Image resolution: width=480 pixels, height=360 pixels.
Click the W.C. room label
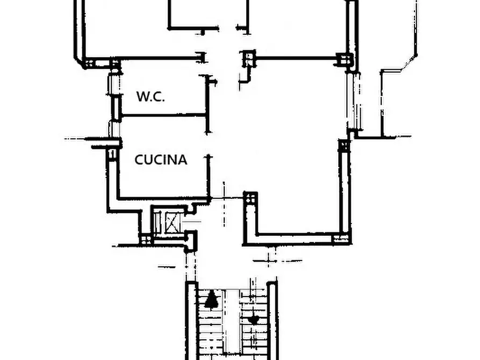(151, 96)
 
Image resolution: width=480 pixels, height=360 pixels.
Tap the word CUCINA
(161, 160)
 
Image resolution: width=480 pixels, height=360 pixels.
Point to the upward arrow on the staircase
(211, 299)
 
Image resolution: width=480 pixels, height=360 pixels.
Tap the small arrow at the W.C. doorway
(213, 82)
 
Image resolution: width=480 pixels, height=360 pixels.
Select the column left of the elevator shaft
(146, 239)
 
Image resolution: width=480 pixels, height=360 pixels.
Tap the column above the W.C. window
(115, 63)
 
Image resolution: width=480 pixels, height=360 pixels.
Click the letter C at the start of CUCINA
(139, 160)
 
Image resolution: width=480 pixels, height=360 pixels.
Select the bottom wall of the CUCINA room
(164, 199)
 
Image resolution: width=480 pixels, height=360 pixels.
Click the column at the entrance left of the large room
(250, 198)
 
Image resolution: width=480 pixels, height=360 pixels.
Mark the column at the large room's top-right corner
(345, 59)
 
